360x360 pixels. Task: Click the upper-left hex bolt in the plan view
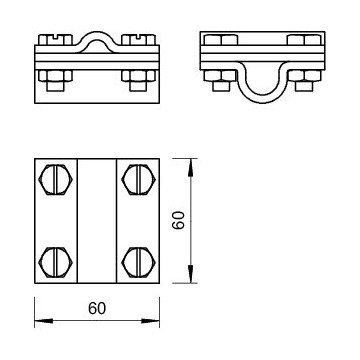56,179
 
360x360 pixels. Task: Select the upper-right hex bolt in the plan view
138,179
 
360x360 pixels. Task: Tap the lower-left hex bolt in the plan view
56,262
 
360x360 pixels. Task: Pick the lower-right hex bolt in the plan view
138,262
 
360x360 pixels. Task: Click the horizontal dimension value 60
97,308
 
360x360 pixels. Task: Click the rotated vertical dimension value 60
178,221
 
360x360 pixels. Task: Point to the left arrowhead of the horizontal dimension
44,321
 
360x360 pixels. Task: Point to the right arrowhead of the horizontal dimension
150,321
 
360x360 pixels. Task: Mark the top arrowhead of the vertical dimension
190,168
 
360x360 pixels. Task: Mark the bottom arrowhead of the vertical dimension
190,274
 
